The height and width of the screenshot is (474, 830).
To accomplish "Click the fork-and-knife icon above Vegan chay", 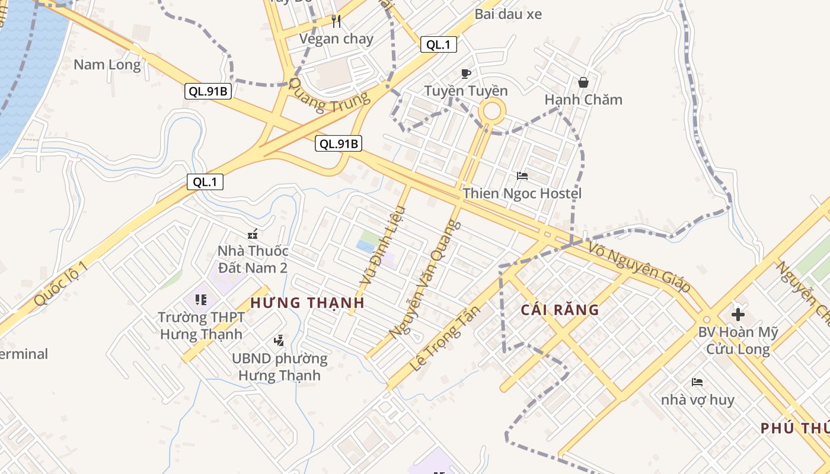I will [336, 22].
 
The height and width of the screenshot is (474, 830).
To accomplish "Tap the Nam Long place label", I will [107, 65].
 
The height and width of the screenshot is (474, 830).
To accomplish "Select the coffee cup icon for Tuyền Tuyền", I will [466, 73].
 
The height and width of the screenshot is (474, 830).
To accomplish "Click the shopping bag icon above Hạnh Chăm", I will [583, 82].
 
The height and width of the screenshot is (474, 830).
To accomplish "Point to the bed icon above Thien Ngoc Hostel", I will [522, 176].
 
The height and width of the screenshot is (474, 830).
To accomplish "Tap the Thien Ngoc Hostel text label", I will [522, 193].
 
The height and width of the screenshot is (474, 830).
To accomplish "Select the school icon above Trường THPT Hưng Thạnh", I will [201, 300].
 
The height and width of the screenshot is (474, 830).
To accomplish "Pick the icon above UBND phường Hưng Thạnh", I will [279, 341].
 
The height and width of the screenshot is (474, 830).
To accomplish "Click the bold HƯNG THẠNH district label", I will [307, 303].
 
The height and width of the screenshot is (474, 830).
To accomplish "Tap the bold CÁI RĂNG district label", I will [560, 309].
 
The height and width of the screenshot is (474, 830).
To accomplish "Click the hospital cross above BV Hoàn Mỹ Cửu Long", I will [738, 315].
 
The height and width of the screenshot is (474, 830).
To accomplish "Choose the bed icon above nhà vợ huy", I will [697, 382].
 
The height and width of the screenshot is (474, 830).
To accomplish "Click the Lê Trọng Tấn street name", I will [444, 338].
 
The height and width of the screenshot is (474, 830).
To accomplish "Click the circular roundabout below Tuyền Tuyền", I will [493, 111].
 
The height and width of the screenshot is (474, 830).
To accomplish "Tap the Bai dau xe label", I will [508, 14].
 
